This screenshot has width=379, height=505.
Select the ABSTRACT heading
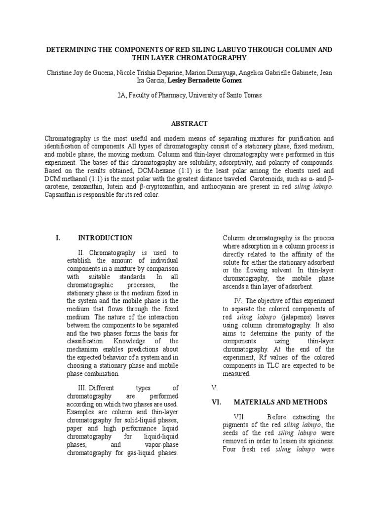189,123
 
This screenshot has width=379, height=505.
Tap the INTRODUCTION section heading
105,238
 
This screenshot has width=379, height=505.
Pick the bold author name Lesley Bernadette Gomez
204,80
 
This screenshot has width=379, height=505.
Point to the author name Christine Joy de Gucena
82,72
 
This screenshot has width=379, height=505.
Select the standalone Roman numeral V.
214,388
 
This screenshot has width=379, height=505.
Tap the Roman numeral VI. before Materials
216,402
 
